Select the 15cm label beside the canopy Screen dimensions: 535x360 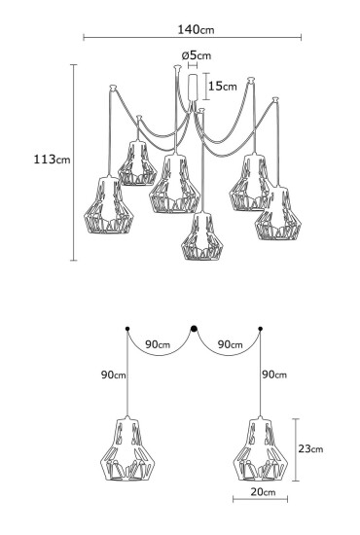[223, 86]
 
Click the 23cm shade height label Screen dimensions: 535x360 [310, 448]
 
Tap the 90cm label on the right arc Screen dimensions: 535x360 [230, 344]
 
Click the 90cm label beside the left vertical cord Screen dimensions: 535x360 [112, 374]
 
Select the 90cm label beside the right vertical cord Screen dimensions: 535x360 [274, 374]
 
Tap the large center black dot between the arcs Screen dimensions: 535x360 [194, 328]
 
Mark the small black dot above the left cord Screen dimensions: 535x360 [127, 330]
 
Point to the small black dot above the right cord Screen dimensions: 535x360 [260, 330]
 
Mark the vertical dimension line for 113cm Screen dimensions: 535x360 [75, 161]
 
